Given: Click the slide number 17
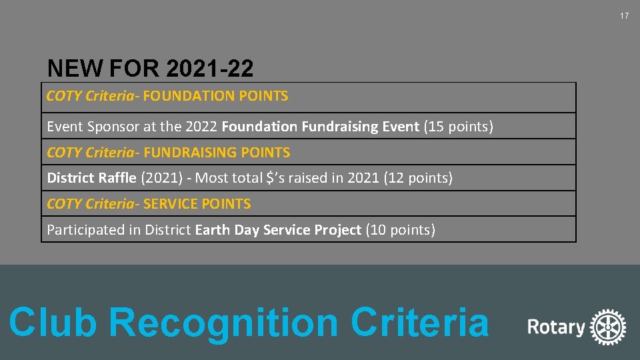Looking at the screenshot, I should point(624,15).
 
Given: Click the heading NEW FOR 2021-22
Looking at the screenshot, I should point(150,68).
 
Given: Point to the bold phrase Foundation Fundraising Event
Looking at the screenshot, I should point(321,126).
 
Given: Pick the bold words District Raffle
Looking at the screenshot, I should point(91,178).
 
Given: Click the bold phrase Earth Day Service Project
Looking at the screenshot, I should point(278,230).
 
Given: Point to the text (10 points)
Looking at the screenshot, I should point(401,230).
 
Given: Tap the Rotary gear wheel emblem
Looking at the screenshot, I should point(608,327).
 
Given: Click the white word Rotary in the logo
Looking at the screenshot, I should point(556,327).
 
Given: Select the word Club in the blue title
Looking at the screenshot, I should point(53,322).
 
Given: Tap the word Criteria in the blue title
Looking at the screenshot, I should point(419,322).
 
